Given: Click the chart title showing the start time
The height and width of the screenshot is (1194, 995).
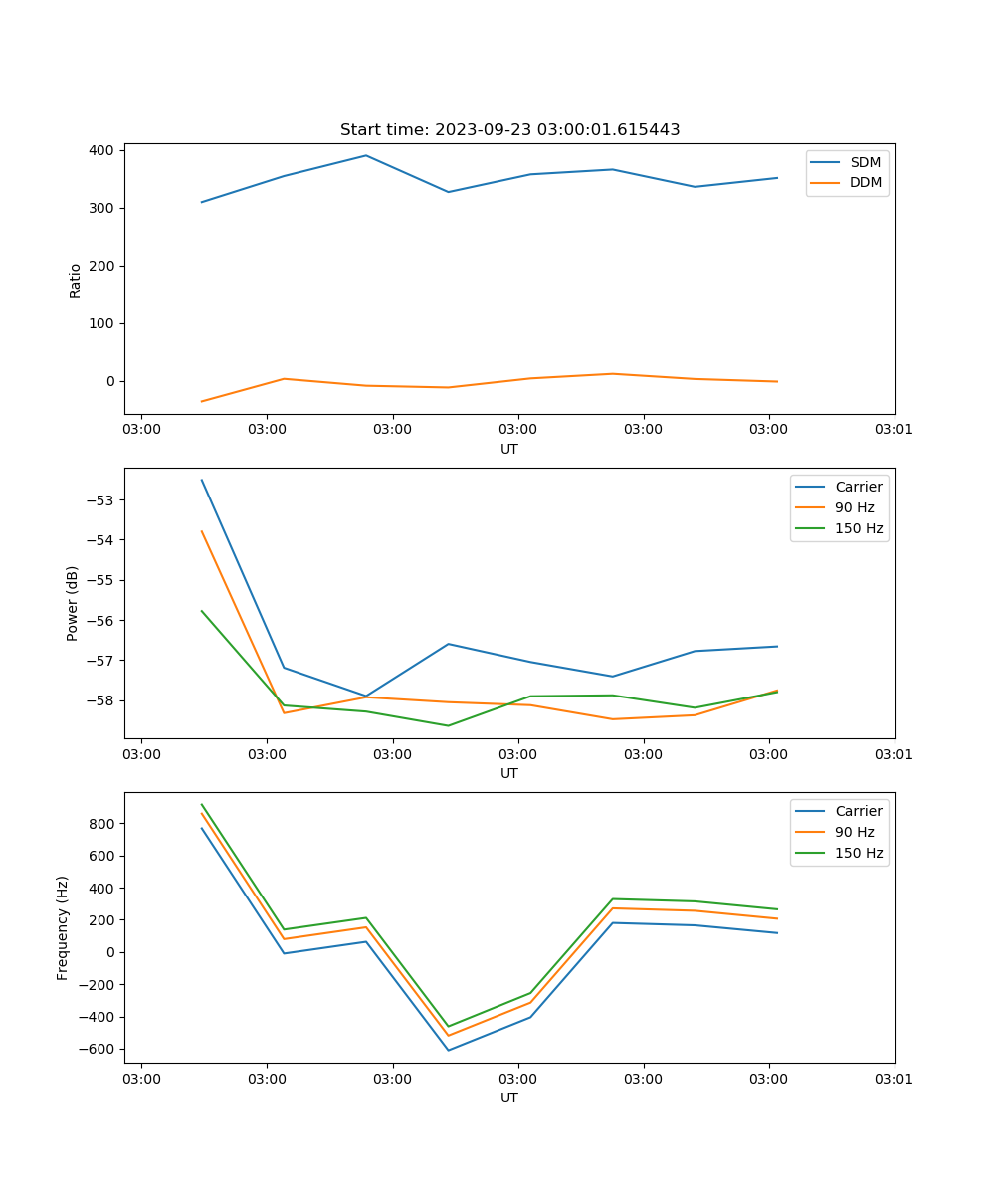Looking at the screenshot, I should pyautogui.click(x=509, y=130).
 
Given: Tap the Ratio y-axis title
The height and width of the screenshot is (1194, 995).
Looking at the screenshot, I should pyautogui.click(x=76, y=281).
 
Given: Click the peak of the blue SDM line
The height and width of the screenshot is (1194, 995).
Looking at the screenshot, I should pyautogui.click(x=366, y=155).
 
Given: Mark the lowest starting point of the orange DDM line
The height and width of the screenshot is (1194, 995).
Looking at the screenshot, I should pyautogui.click(x=202, y=402).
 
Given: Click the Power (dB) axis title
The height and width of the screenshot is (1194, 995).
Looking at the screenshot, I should pyautogui.click(x=73, y=603).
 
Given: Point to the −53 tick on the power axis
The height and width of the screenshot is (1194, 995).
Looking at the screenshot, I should pyautogui.click(x=102, y=499).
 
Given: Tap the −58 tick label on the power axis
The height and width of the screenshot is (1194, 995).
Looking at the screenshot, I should pyautogui.click(x=102, y=700).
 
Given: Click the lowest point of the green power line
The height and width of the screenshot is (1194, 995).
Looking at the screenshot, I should pyautogui.click(x=448, y=725).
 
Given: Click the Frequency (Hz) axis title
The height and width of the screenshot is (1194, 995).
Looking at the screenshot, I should pyautogui.click(x=63, y=927).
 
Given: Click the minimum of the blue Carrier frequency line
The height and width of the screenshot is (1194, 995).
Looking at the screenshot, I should pyautogui.click(x=448, y=1050).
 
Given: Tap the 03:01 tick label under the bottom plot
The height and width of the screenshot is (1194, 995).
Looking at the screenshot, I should pyautogui.click(x=894, y=1079).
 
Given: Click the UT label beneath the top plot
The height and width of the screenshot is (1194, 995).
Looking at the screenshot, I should pyautogui.click(x=509, y=449).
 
